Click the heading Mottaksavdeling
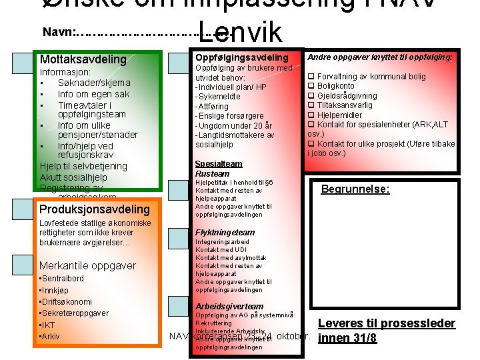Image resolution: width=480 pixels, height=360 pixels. pyautogui.click(x=83, y=59)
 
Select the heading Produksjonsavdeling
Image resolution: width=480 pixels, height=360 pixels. pyautogui.click(x=95, y=209)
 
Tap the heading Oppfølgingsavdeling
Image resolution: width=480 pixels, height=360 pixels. pyautogui.click(x=241, y=58)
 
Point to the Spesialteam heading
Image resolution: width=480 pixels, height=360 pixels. pyautogui.click(x=219, y=164)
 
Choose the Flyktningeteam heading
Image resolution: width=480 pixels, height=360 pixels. pyautogui.click(x=225, y=233)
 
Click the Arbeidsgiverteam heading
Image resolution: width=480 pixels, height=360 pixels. pyautogui.click(x=229, y=306)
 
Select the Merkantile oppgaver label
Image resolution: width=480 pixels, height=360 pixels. pyautogui.click(x=87, y=265)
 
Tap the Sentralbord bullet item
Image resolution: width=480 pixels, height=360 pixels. pyautogui.click(x=62, y=278)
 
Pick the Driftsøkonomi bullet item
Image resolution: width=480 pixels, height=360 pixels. pyautogui.click(x=66, y=302)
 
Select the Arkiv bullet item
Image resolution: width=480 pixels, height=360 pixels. pyautogui.click(x=51, y=337)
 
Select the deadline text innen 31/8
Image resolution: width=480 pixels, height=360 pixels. pyautogui.click(x=347, y=338)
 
